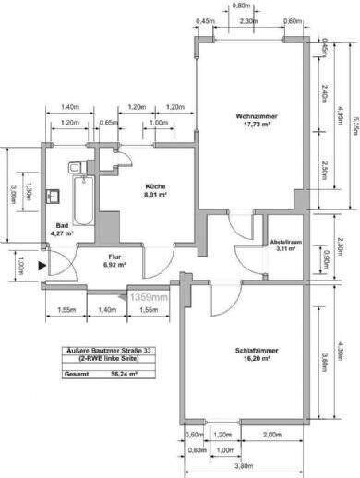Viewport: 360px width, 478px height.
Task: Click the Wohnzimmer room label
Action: pos(251,115)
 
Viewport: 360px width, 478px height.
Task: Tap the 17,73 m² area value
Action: pos(251,125)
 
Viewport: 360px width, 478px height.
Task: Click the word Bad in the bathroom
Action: pos(62,225)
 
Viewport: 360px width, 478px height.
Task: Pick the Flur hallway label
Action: pos(116,256)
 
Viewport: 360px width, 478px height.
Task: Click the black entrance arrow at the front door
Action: pos(42,266)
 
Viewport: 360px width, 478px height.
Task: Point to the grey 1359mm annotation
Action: pos(148,298)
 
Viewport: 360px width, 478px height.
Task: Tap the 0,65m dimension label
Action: pos(107,123)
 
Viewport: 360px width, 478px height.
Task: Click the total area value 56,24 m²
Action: pos(118,375)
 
